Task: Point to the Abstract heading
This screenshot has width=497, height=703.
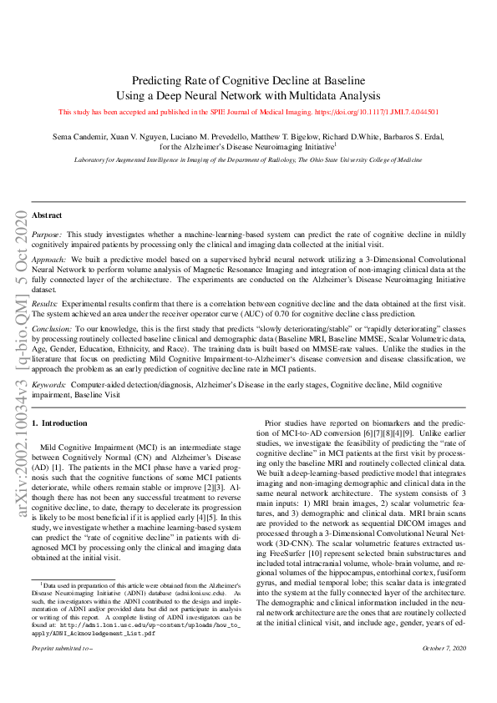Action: click(x=47, y=215)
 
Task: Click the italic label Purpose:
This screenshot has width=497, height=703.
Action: click(x=48, y=236)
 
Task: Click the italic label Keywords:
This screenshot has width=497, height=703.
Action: click(x=49, y=385)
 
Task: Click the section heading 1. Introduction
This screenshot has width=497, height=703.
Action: click(x=64, y=424)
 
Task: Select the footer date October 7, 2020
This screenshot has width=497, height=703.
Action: click(x=444, y=672)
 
